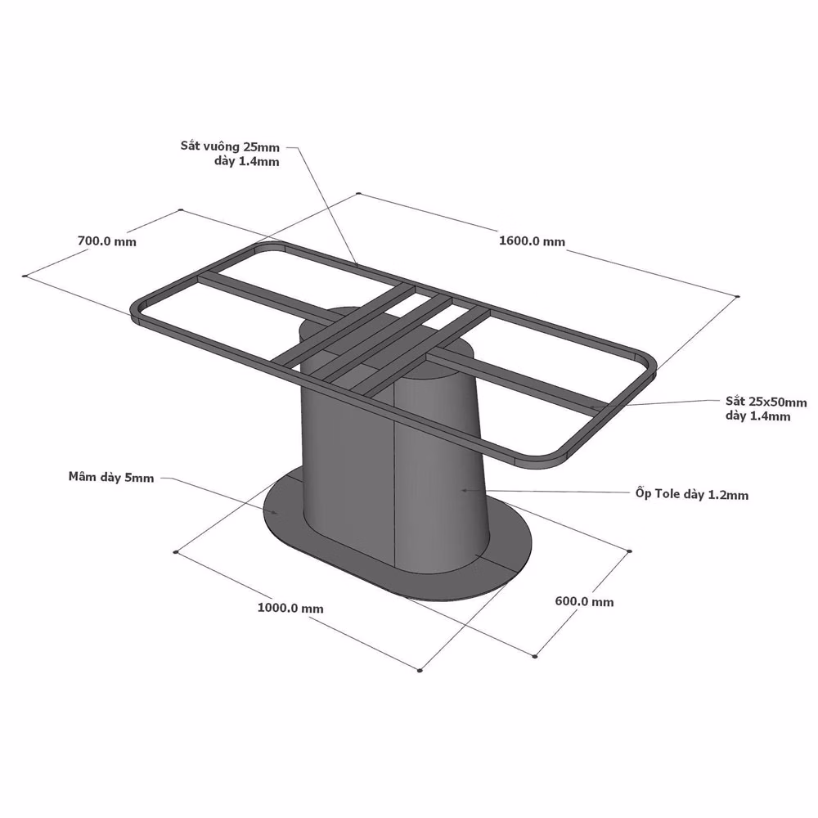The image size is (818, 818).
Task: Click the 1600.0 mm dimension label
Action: pos(532,241)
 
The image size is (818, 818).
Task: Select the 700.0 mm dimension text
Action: pos(107,241)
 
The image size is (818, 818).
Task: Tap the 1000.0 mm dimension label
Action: pos(290,609)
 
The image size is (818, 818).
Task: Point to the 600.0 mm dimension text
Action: pos(584,601)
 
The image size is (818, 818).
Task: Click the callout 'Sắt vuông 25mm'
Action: pos(230,146)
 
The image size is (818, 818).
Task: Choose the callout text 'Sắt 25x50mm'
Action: pos(766,402)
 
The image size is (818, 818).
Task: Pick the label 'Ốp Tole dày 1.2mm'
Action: pos(692,493)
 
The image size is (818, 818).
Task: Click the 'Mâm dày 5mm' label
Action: pos(111,477)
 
